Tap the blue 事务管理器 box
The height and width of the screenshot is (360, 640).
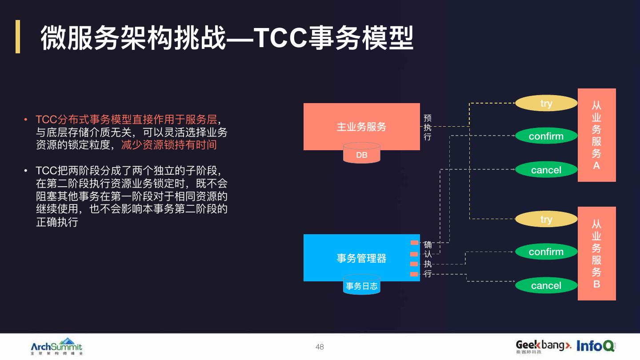[361, 258]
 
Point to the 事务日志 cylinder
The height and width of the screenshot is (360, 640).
[362, 286]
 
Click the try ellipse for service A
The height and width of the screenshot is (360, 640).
[546, 103]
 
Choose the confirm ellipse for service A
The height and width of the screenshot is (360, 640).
[546, 136]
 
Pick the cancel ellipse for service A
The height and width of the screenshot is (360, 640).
[546, 170]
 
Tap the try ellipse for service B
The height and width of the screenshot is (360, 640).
[546, 219]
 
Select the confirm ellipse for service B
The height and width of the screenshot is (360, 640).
[546, 252]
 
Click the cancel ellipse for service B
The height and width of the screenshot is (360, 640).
[546, 285]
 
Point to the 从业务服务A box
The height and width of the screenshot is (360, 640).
[596, 135]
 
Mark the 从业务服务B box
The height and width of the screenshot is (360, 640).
[596, 253]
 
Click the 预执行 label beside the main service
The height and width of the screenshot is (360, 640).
[427, 128]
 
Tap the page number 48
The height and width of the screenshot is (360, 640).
[320, 347]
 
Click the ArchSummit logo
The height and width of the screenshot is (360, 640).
[56, 346]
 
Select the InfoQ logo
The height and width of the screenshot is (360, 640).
[596, 345]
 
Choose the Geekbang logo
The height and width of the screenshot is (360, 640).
[543, 346]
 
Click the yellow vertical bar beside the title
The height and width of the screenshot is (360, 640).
[18, 36]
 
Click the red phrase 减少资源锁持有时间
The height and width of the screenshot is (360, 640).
[169, 145]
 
